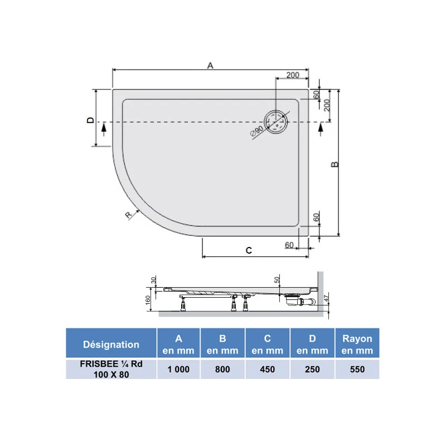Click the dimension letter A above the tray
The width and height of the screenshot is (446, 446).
(x=210, y=65)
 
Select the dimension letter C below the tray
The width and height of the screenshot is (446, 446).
(x=249, y=251)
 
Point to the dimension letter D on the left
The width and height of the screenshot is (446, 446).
(x=89, y=120)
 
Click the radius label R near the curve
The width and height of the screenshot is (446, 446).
(x=128, y=215)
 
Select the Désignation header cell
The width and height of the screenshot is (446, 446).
(x=111, y=344)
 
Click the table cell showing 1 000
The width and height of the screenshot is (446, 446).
(x=178, y=369)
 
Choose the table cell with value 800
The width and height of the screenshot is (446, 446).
(x=223, y=369)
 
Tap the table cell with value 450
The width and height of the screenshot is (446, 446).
(x=268, y=369)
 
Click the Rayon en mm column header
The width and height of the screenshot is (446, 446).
(x=357, y=344)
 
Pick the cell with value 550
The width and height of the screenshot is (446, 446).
(x=357, y=369)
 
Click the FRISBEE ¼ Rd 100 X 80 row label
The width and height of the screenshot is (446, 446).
(x=111, y=369)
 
